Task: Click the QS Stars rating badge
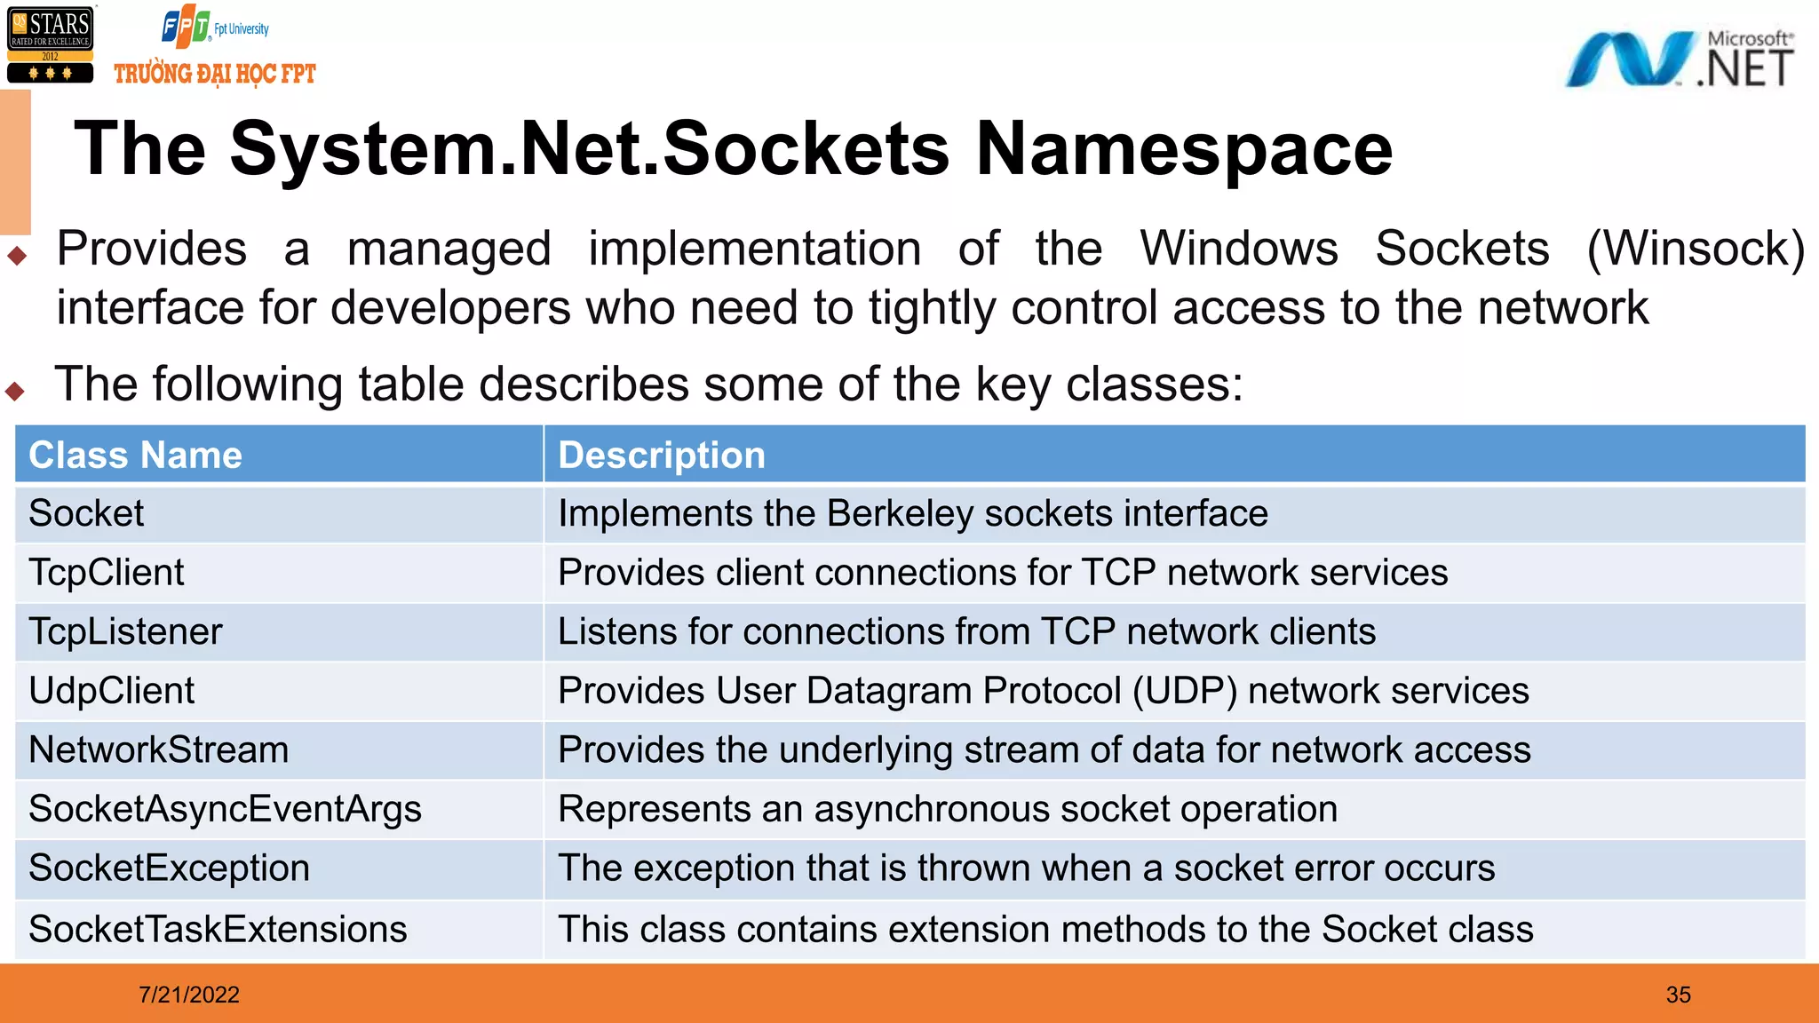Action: tap(50, 45)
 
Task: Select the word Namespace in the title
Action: tap(1184, 148)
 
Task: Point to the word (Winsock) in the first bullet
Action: tap(1695, 249)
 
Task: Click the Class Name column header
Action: tap(135, 456)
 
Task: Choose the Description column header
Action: tap(661, 456)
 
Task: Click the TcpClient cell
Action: tap(107, 573)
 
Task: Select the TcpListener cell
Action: tap(125, 632)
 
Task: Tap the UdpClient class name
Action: tap(111, 691)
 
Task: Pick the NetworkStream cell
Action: tap(158, 750)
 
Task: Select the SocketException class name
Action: tap(169, 868)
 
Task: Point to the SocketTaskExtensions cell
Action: tap(218, 930)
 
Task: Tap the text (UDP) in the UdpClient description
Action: tap(1184, 691)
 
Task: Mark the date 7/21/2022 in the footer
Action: tap(189, 995)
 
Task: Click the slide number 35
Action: tap(1678, 995)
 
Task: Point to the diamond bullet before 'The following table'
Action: tap(15, 391)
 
